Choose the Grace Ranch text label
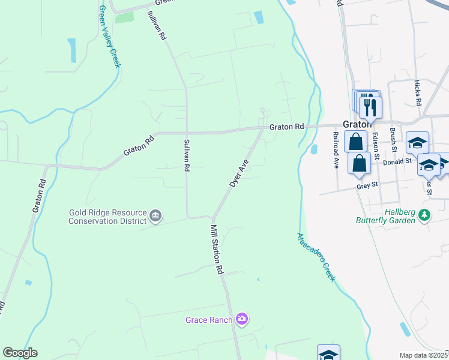[x=209, y=320]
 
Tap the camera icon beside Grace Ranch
[x=242, y=319]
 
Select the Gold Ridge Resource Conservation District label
[x=107, y=216]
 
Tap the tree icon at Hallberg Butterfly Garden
[x=425, y=214]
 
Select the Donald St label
[x=397, y=161]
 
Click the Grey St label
[x=366, y=186]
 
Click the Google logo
[x=20, y=353]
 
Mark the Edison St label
[x=376, y=145]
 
